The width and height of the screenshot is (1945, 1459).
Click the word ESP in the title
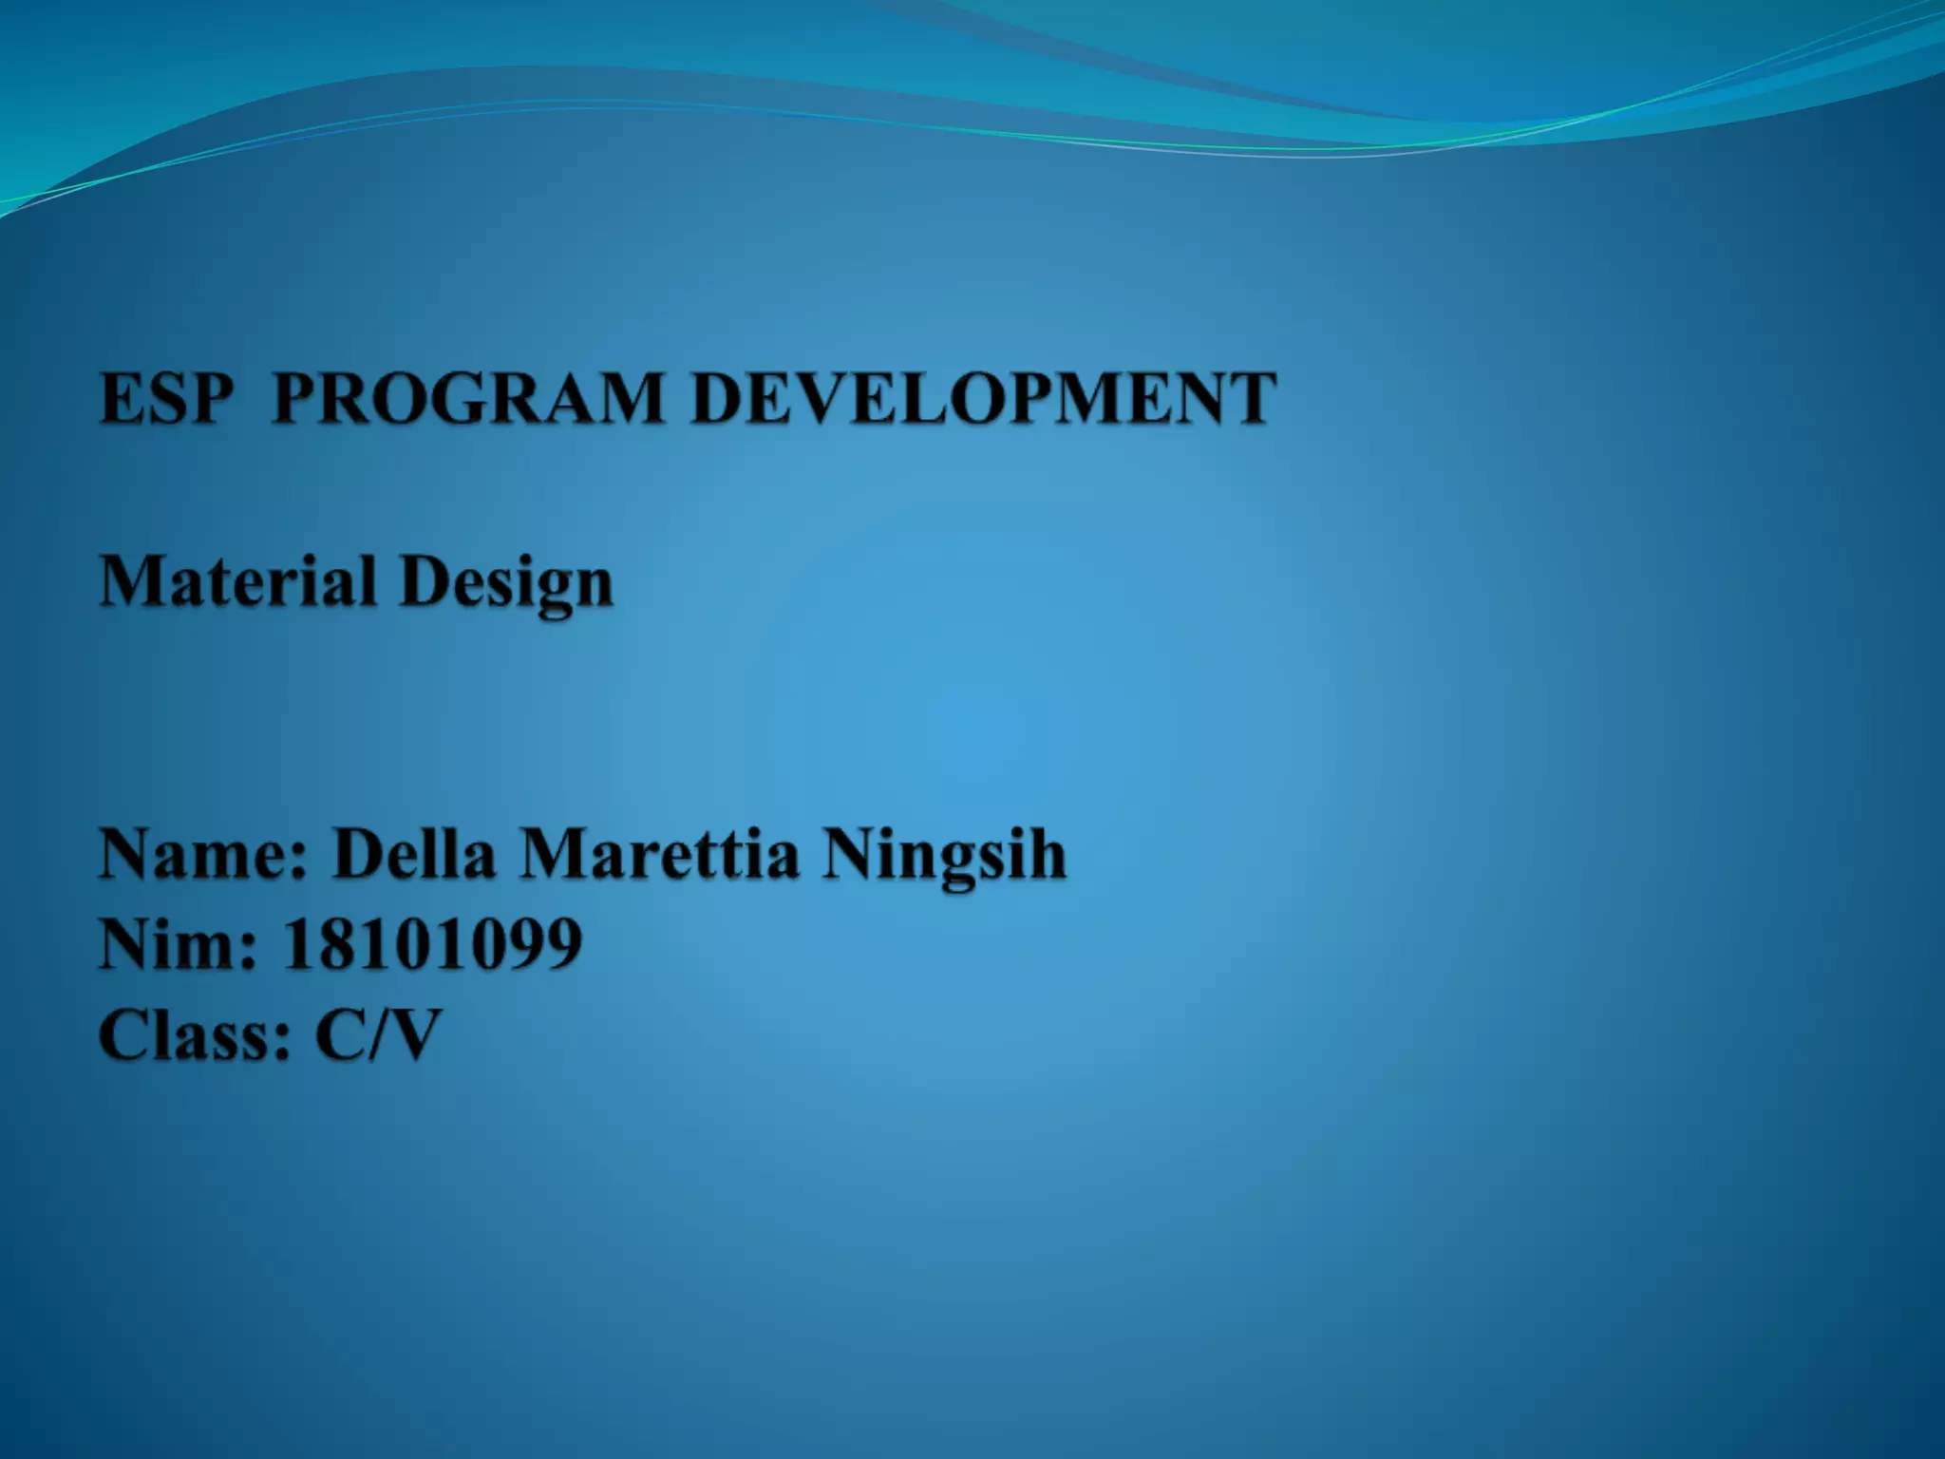click(166, 398)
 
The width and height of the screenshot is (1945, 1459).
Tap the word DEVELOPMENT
click(984, 398)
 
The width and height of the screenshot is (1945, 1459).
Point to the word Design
click(506, 583)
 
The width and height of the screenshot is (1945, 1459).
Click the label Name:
click(204, 853)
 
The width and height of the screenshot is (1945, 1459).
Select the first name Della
click(414, 853)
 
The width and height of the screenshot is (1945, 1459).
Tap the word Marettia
click(659, 853)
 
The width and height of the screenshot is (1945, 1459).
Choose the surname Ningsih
click(944, 855)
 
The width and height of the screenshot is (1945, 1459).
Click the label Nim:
click(178, 944)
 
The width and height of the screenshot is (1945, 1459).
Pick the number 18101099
click(433, 944)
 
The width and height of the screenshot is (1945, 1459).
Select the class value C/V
click(379, 1034)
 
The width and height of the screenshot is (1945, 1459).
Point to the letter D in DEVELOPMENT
click(720, 398)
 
